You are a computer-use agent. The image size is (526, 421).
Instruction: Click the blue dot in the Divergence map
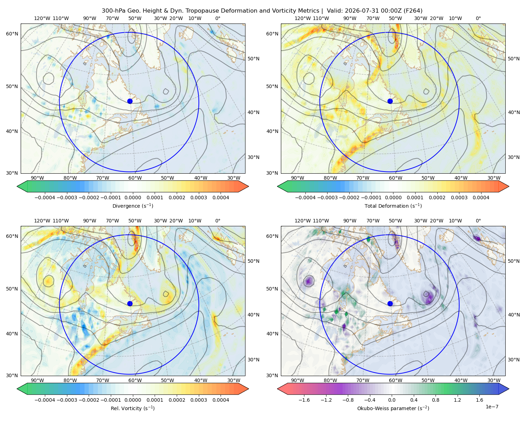click(x=130, y=101)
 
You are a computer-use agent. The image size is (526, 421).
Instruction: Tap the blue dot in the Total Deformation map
click(x=390, y=101)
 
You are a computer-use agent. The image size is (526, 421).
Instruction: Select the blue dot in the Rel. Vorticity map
click(x=130, y=303)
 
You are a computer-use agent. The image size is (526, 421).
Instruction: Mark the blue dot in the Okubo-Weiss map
click(x=390, y=303)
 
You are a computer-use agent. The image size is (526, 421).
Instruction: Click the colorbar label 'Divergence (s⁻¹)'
click(x=133, y=206)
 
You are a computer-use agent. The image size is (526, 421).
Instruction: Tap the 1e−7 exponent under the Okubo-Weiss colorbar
click(x=492, y=407)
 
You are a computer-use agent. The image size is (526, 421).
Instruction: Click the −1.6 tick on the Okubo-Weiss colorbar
click(x=304, y=400)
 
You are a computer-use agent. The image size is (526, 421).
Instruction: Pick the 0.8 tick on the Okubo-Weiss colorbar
click(x=436, y=400)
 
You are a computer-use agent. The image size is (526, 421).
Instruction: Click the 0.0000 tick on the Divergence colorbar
click(x=133, y=198)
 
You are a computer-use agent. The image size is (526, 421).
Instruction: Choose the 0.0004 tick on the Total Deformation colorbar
click(x=481, y=198)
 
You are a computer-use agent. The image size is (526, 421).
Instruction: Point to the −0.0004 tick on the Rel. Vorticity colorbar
click(x=45, y=400)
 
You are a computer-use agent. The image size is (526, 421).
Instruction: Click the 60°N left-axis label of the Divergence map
click(x=12, y=34)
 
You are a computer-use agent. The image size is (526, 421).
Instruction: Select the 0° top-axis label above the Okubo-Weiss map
click(x=478, y=221)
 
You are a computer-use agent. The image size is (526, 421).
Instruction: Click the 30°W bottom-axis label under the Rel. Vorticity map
click(x=234, y=380)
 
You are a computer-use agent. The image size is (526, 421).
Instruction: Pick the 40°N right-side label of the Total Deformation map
click(x=514, y=112)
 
